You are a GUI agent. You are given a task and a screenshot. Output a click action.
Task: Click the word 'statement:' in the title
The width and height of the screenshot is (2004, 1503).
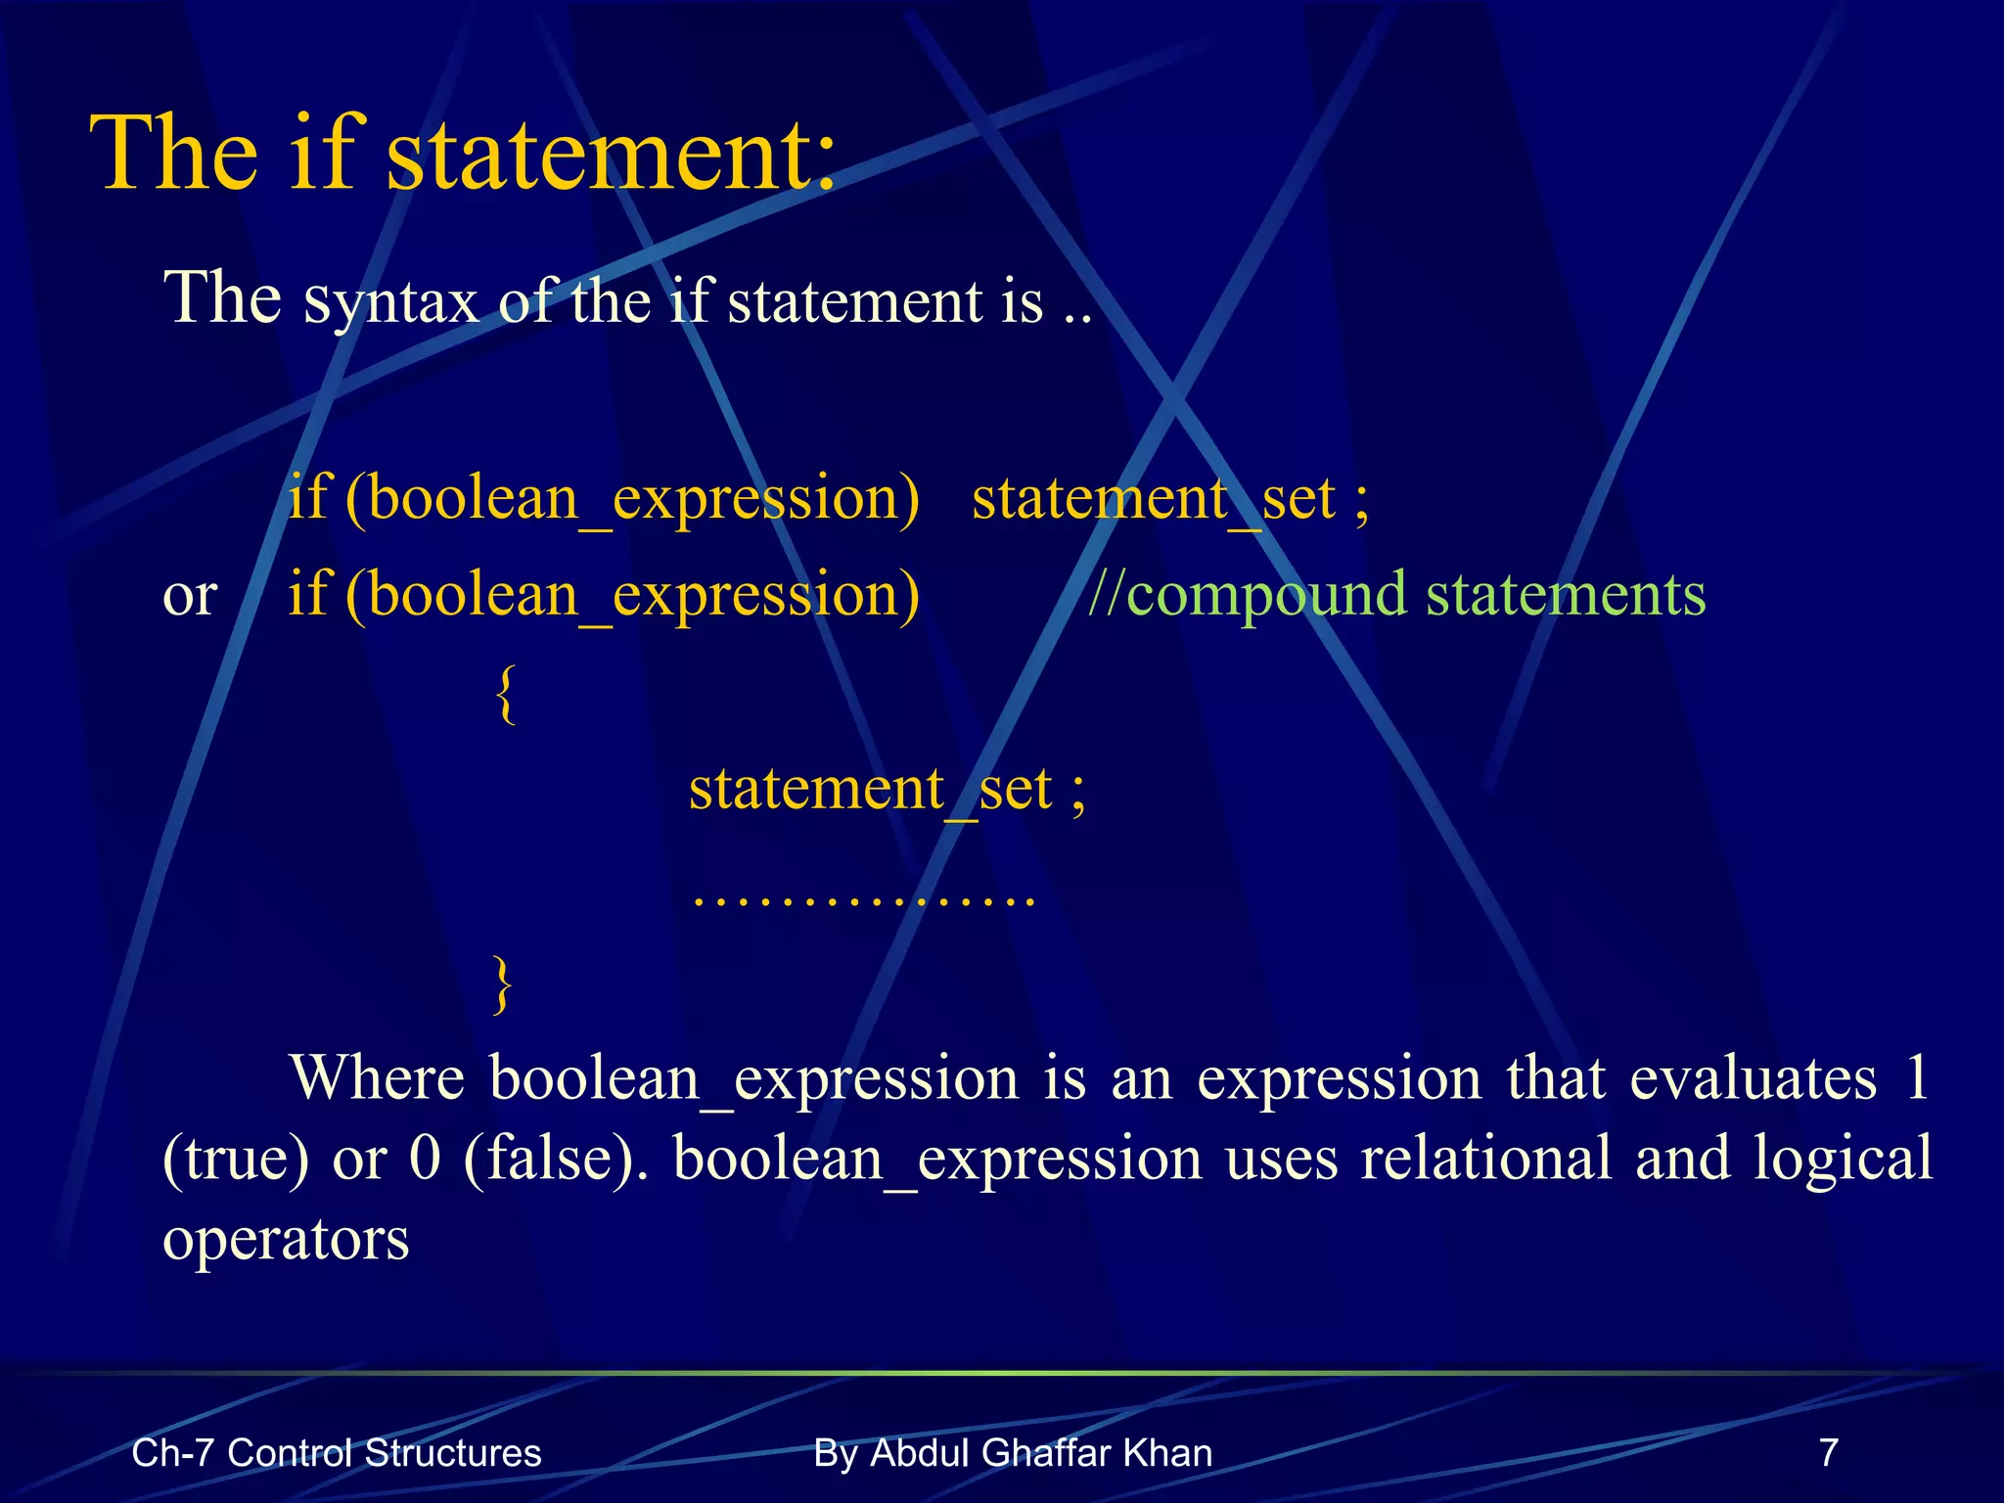tap(612, 154)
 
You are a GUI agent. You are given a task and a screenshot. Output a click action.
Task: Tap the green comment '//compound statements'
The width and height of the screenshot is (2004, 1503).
tap(1396, 594)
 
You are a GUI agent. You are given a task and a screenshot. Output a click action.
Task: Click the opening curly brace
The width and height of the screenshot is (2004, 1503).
tap(505, 694)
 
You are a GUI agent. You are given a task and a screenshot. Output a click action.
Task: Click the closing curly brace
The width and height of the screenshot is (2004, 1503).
tap(502, 985)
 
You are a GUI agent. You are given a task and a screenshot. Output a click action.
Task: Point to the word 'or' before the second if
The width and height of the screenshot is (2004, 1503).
tap(190, 596)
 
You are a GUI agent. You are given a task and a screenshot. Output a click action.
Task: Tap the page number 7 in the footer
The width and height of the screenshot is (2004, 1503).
tap(1828, 1453)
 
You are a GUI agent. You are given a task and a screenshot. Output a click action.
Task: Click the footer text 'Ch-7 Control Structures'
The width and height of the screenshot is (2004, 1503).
tap(337, 1453)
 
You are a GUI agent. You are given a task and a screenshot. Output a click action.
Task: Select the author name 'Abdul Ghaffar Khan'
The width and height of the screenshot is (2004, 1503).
tap(1041, 1453)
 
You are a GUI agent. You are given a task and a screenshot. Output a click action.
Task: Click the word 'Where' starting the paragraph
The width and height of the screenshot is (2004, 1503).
tap(377, 1078)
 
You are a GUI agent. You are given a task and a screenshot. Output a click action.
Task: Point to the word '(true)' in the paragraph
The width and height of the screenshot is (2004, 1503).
tap(236, 1159)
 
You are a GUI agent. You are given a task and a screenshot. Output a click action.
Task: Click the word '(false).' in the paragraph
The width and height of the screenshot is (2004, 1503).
tap(555, 1159)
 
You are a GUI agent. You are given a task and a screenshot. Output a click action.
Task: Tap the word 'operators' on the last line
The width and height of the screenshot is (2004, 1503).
tap(286, 1239)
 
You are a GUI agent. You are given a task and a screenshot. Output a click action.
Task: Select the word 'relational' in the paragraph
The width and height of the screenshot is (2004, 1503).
tap(1485, 1159)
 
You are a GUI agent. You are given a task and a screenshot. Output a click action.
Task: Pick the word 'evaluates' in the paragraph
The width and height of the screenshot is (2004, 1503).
tap(1753, 1078)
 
